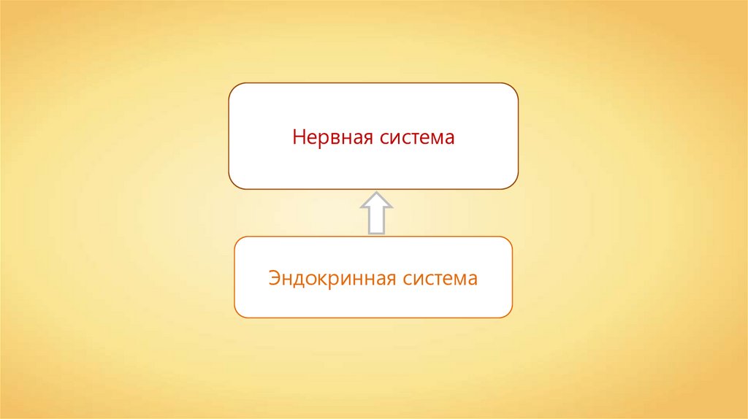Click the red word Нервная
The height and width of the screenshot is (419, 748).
[332, 137]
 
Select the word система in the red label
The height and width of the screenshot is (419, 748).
[417, 137]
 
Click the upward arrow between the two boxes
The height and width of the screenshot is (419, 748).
[375, 213]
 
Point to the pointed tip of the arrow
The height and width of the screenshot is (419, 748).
[375, 194]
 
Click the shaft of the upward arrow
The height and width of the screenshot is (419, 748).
[375, 222]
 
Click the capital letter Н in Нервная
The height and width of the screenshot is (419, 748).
[298, 137]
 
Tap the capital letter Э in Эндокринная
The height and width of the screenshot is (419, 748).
[274, 278]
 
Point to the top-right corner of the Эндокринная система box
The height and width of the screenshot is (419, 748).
[508, 240]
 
